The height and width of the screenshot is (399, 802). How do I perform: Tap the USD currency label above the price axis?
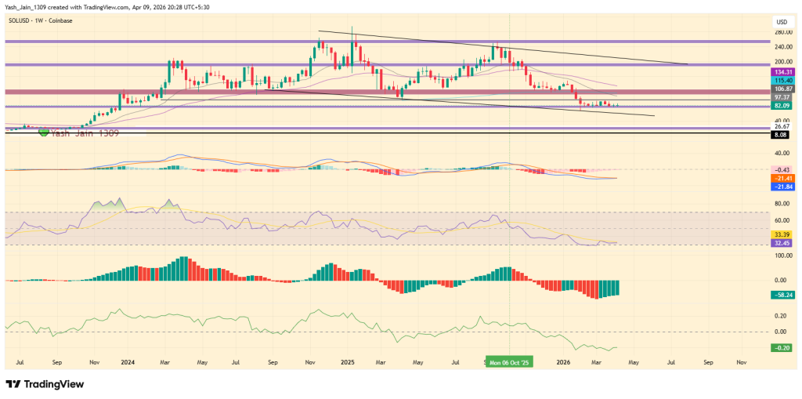click(780, 21)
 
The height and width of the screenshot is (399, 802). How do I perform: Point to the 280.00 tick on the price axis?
click(782, 32)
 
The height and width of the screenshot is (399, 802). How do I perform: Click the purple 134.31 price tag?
click(783, 71)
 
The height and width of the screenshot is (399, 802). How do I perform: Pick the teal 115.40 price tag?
click(783, 80)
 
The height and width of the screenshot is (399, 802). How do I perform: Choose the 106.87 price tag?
click(783, 89)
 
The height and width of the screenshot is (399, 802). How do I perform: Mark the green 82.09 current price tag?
click(783, 105)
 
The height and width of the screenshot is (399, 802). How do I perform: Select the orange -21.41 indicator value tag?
click(783, 178)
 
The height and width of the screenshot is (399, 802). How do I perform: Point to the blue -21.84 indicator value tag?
click(783, 187)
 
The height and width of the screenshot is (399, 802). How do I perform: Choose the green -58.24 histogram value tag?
click(783, 295)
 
